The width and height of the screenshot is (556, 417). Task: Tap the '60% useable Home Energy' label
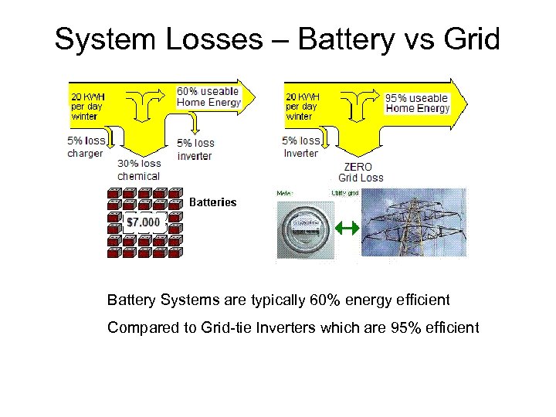tap(208, 97)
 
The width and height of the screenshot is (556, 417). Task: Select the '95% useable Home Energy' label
tap(417, 103)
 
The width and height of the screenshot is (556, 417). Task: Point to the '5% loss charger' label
tap(85, 147)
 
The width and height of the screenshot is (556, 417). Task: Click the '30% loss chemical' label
tap(139, 170)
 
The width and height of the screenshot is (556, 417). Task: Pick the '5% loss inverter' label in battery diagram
tap(195, 149)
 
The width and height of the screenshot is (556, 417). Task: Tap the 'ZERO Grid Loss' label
tap(361, 171)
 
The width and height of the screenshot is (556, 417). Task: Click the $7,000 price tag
tap(144, 222)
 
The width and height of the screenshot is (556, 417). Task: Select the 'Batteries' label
tap(213, 202)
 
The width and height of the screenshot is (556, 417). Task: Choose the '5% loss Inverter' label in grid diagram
tap(301, 147)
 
